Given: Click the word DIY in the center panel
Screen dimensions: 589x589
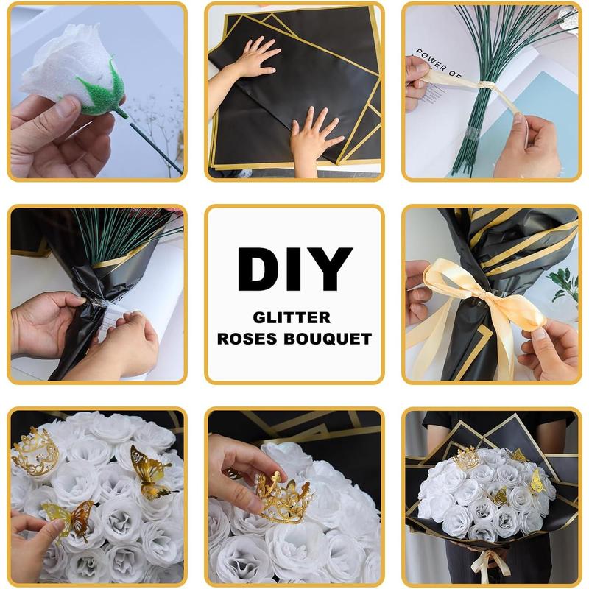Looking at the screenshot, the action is [295, 269].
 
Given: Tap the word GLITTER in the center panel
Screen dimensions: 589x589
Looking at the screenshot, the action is [292, 318].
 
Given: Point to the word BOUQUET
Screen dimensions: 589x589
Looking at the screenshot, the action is [328, 339].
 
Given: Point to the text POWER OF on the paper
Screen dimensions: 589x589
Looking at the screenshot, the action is [437, 63].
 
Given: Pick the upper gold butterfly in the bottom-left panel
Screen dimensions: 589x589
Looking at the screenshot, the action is [150, 471].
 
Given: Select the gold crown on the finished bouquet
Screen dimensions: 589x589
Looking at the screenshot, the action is [467, 458].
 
